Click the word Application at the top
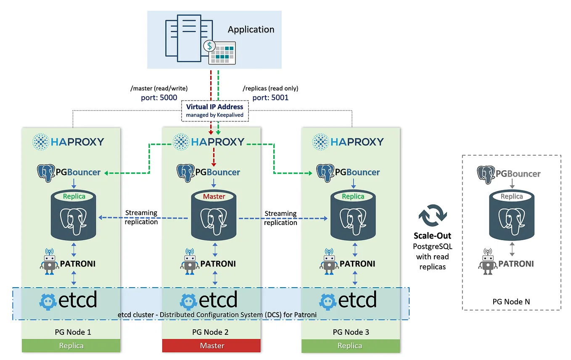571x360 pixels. pos(251,30)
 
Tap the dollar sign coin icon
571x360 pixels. pos(209,46)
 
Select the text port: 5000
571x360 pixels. pos(159,98)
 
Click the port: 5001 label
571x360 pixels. pos(270,98)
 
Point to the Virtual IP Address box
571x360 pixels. pos(214,111)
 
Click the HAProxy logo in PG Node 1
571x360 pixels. pos(68,142)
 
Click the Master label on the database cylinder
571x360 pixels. pos(214,196)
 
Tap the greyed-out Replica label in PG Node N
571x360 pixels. pos(512,196)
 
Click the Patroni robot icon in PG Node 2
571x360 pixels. pos(189,262)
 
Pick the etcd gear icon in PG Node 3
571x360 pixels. pos(328,302)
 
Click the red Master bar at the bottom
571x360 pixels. pos(211,345)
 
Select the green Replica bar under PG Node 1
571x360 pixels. pos(71,345)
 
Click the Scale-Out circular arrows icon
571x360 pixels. pos(433,215)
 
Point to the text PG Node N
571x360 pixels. pos(511,302)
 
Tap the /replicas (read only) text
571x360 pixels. pos(270,88)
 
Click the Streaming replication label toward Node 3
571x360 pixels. pos(280,218)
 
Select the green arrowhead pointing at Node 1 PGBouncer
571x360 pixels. pos(106,173)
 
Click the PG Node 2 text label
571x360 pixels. pos(210,332)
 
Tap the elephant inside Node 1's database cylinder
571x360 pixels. pos(73,221)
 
